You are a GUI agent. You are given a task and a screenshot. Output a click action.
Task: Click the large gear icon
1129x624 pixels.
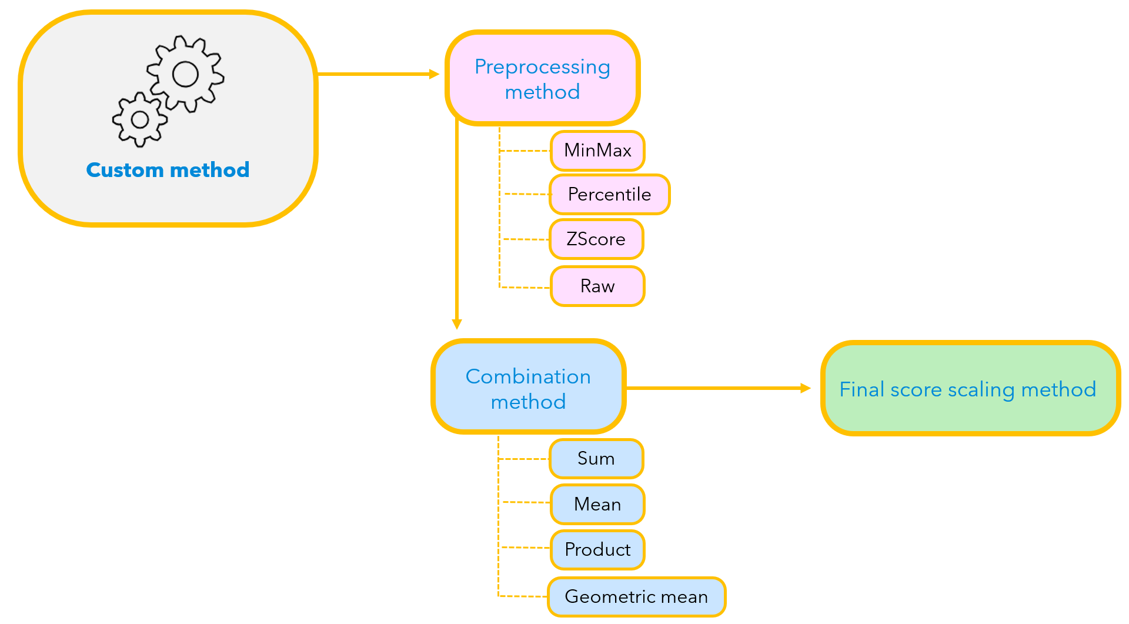[185, 74]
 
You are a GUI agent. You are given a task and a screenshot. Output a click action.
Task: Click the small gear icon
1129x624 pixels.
[140, 119]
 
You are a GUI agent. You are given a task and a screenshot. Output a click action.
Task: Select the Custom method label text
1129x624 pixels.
[168, 170]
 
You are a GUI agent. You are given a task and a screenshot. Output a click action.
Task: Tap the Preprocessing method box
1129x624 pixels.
[542, 79]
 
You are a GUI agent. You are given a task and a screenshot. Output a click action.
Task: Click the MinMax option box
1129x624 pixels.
[597, 151]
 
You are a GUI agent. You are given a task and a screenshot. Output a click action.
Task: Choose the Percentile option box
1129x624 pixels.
[609, 194]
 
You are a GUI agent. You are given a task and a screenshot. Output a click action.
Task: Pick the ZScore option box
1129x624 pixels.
[596, 239]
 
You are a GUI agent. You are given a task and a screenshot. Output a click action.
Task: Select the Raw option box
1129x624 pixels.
[597, 286]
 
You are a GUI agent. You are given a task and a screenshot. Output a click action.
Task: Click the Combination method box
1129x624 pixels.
[528, 388]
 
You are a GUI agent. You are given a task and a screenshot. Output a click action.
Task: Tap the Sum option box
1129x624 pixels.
[596, 459]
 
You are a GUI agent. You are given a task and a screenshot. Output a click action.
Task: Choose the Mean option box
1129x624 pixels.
[597, 504]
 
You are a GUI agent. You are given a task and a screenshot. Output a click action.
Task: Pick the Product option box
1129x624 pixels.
[597, 549]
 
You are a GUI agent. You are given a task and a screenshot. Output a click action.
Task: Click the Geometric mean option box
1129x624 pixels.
[636, 597]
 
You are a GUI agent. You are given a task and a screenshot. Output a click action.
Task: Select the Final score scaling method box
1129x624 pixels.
[969, 389]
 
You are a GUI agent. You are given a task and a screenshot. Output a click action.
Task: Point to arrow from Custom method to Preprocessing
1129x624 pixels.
[376, 74]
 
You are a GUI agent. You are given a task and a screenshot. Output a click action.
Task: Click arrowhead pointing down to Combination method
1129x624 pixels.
[457, 324]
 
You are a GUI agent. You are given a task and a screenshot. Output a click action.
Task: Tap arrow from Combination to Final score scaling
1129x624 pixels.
[717, 388]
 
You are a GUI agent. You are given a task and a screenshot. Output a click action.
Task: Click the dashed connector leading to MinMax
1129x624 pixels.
[525, 151]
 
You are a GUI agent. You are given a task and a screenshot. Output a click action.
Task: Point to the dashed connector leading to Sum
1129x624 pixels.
[523, 459]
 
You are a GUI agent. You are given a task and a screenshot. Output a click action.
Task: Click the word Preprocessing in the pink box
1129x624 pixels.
[542, 67]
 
